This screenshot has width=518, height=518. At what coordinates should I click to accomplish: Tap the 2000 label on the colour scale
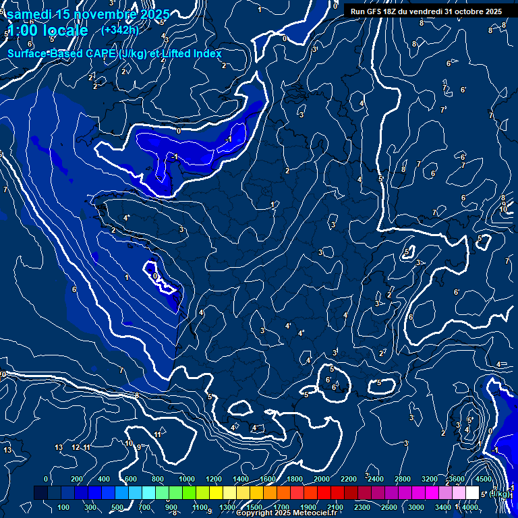pos(322,479)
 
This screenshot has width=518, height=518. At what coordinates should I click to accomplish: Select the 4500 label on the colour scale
pos(484,479)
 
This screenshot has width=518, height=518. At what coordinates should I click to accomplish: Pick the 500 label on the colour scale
pos(117,507)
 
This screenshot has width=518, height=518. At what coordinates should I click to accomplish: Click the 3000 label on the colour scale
pos(416,507)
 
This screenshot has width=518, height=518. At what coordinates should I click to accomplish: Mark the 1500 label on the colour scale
pos(254,507)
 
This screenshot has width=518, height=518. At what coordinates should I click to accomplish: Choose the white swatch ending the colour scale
pos(472,493)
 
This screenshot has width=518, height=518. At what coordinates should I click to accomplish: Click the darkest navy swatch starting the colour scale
pos(40,493)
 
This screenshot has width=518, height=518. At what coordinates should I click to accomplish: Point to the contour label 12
pos(76,447)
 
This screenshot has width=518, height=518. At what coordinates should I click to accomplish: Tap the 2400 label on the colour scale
pos(376,479)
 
